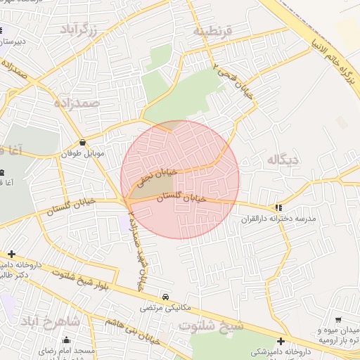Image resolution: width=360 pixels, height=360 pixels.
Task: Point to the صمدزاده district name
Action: point(76,103)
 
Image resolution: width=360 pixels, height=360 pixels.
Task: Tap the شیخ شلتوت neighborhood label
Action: point(210,326)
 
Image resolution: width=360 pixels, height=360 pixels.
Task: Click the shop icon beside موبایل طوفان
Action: point(84,141)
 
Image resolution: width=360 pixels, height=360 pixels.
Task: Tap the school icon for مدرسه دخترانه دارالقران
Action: point(279,207)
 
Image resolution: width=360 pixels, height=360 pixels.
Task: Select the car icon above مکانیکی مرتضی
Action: point(165,297)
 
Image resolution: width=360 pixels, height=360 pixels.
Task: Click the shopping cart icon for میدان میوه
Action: point(340,320)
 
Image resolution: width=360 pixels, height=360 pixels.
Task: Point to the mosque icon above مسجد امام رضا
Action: point(66,340)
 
